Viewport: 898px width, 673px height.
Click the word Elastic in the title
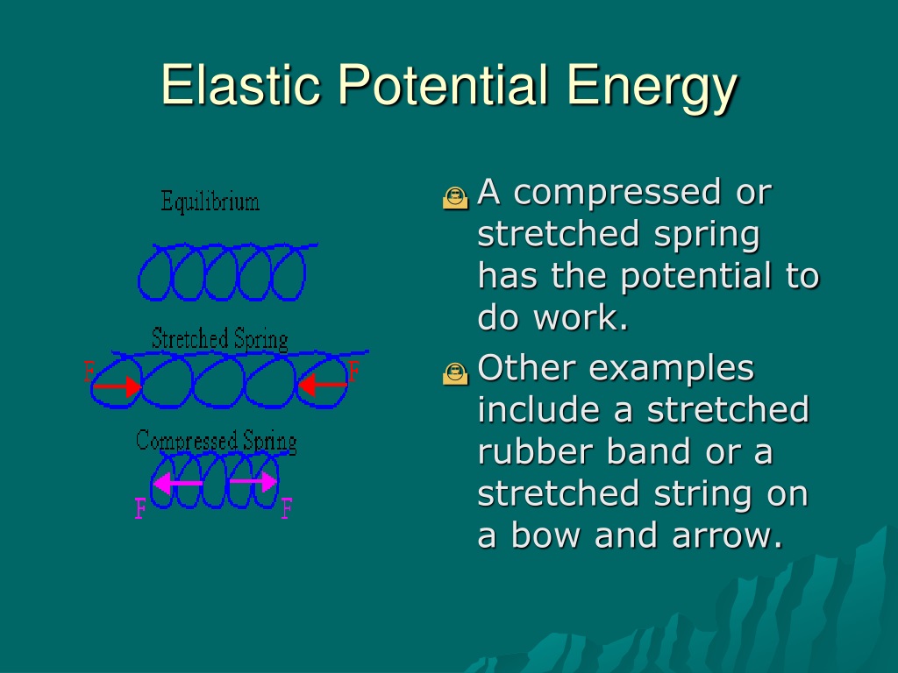240,84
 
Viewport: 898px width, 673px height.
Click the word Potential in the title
443,84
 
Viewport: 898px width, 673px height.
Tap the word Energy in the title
652,89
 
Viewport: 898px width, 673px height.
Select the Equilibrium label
210,202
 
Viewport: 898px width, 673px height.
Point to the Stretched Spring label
220,339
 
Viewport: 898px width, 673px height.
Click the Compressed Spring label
217,442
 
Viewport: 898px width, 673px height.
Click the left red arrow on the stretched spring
117,386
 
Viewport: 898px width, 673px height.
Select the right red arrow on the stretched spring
323,385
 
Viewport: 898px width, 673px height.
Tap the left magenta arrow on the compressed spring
178,483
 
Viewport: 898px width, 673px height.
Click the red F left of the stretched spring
89,371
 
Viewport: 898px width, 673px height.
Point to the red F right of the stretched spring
354,371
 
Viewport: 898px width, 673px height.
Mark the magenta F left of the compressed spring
140,507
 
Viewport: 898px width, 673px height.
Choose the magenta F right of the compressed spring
287,507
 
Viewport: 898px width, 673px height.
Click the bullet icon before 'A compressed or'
455,197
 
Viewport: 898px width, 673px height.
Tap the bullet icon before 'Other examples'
455,373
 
